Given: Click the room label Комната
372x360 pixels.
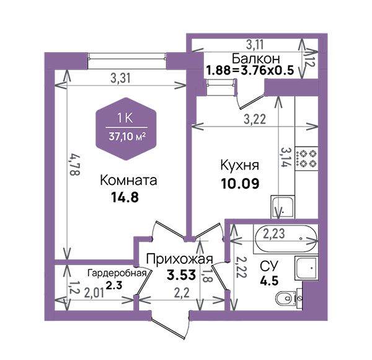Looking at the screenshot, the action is pyautogui.click(x=128, y=180).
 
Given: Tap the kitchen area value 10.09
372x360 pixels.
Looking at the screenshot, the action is pyautogui.click(x=240, y=184).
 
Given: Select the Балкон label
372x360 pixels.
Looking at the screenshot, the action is pyautogui.click(x=255, y=58).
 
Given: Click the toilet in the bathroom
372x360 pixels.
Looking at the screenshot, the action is pyautogui.click(x=286, y=298).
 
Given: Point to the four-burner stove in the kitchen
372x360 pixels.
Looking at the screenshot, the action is pyautogui.click(x=306, y=158).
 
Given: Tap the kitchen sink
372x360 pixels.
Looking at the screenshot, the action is pyautogui.click(x=283, y=207).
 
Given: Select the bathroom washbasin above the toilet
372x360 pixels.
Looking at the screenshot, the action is pyautogui.click(x=306, y=268).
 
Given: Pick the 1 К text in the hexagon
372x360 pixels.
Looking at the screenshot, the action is pyautogui.click(x=125, y=119).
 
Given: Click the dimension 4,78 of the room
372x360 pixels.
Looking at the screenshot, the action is pyautogui.click(x=74, y=165).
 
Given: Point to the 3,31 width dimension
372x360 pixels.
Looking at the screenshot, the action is pyautogui.click(x=120, y=78).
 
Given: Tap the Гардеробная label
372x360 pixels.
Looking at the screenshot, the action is pyautogui.click(x=117, y=273).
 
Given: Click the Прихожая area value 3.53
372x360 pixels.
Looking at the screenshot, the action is pyautogui.click(x=181, y=275).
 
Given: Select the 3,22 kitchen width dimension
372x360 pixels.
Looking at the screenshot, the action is pyautogui.click(x=255, y=119).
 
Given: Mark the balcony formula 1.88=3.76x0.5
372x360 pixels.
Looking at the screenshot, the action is pyautogui.click(x=250, y=70).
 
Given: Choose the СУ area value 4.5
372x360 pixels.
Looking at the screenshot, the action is pyautogui.click(x=269, y=281).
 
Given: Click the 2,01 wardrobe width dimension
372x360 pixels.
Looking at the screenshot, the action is pyautogui.click(x=94, y=294).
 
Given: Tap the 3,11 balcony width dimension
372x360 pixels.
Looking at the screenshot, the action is pyautogui.click(x=255, y=45).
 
